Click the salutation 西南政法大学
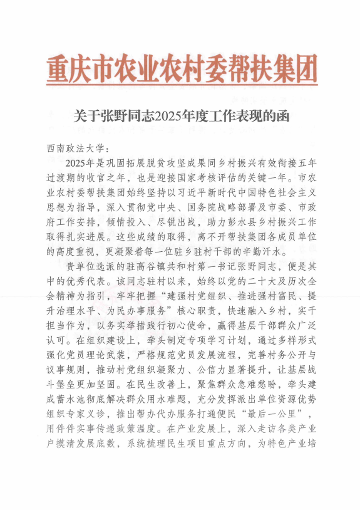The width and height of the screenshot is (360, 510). [77, 148]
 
